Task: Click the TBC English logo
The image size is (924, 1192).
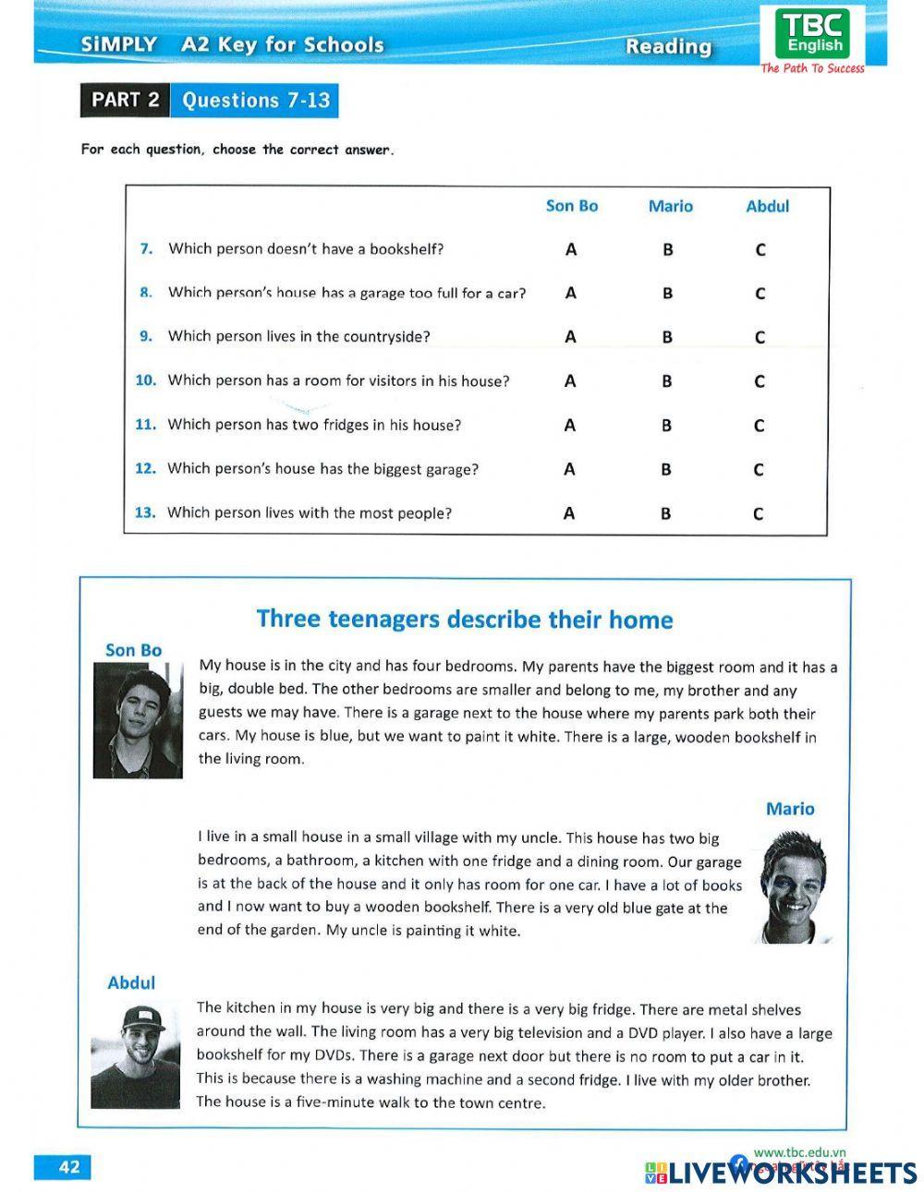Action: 813,34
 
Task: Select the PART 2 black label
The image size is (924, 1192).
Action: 125,100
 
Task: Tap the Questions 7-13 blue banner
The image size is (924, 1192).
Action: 255,101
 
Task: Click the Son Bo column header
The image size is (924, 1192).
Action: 571,206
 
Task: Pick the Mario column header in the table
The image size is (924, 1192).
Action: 670,206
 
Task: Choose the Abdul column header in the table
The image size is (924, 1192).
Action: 767,206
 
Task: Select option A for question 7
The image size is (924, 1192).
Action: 570,249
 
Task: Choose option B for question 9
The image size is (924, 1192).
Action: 666,337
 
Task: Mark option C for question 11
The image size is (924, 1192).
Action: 759,426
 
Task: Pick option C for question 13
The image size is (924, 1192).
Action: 758,514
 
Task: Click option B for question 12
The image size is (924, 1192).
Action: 665,470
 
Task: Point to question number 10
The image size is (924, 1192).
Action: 146,380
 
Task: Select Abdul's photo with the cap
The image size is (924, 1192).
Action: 135,1054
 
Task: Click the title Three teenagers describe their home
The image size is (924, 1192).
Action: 464,619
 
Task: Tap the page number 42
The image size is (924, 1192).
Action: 69,1166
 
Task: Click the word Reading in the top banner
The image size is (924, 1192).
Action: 668,46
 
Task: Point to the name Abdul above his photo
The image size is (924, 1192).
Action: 131,982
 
